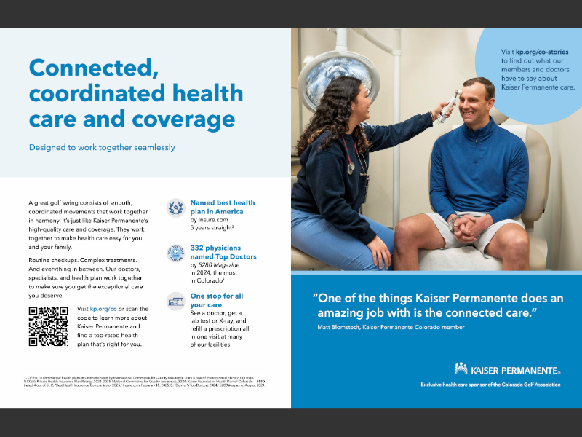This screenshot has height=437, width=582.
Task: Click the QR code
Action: pyautogui.click(x=49, y=326)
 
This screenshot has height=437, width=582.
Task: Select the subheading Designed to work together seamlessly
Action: pyautogui.click(x=102, y=147)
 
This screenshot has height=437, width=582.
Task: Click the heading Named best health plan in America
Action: pyautogui.click(x=223, y=207)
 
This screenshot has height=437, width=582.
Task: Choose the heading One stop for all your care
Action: pyautogui.click(x=216, y=300)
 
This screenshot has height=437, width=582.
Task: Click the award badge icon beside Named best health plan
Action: pyautogui.click(x=175, y=208)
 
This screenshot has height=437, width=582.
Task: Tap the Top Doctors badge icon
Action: pyautogui.click(x=175, y=253)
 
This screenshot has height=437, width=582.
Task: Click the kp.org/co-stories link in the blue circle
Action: pyautogui.click(x=542, y=52)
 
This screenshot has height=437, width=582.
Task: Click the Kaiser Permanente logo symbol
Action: pyautogui.click(x=461, y=369)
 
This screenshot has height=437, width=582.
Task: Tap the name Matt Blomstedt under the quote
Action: pyautogui.click(x=341, y=327)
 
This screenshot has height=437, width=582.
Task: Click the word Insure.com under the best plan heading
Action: pyautogui.click(x=215, y=219)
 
